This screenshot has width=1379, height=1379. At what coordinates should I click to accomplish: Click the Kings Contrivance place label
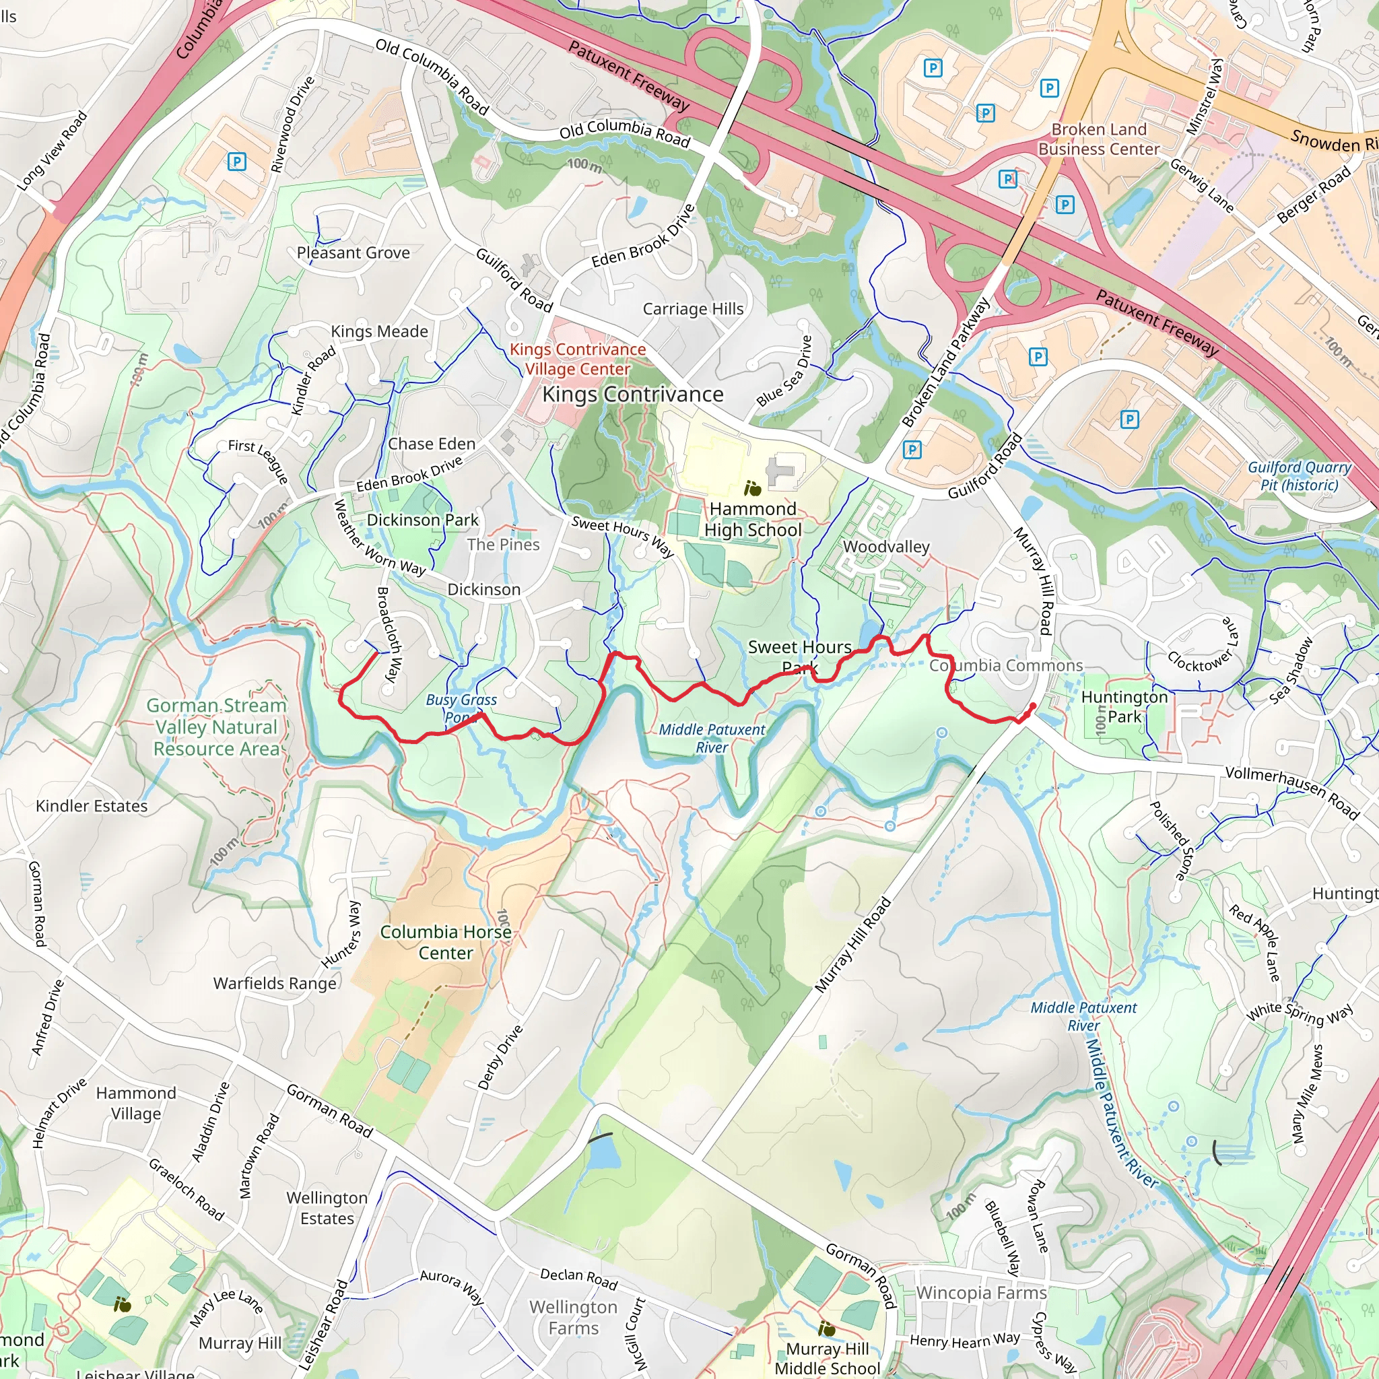pyautogui.click(x=632, y=395)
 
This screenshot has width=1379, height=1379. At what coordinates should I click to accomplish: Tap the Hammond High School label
pyautogui.click(x=752, y=520)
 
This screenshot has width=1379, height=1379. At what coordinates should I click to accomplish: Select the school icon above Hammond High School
pyautogui.click(x=751, y=489)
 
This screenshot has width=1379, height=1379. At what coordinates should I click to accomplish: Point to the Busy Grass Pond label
pyautogui.click(x=461, y=708)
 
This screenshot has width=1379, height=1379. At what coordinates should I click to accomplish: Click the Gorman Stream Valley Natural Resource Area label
pyautogui.click(x=216, y=727)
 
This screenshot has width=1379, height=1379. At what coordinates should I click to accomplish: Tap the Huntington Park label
pyautogui.click(x=1124, y=706)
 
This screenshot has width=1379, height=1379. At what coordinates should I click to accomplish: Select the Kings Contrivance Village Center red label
pyautogui.click(x=578, y=359)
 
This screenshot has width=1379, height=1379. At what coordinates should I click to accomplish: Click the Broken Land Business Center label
pyautogui.click(x=1098, y=139)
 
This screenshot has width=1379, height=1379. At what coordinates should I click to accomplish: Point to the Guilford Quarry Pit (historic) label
pyautogui.click(x=1299, y=476)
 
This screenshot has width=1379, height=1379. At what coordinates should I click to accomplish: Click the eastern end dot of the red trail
pyautogui.click(x=1033, y=706)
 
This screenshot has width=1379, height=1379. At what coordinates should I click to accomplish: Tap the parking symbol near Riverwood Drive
pyautogui.click(x=236, y=162)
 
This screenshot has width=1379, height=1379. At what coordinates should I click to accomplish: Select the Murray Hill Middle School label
pyautogui.click(x=827, y=1358)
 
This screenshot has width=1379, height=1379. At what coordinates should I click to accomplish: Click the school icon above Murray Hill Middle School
pyautogui.click(x=827, y=1328)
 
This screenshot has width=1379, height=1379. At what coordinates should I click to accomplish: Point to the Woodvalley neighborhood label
pyautogui.click(x=886, y=547)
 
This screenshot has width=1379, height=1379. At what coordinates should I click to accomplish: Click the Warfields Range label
pyautogui.click(x=275, y=983)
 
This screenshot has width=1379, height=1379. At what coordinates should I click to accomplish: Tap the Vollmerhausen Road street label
pyautogui.click(x=1292, y=793)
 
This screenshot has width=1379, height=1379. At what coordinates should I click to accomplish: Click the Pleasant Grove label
pyautogui.click(x=354, y=253)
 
